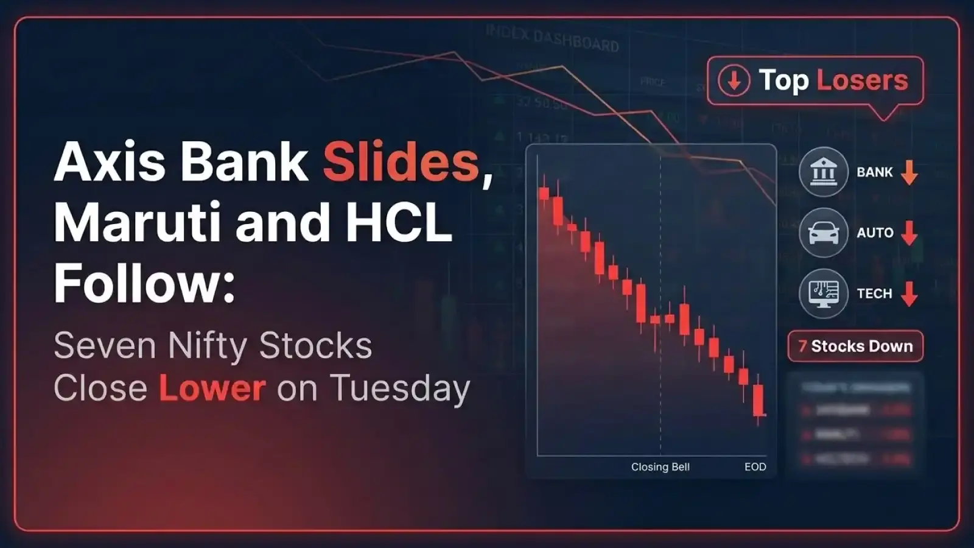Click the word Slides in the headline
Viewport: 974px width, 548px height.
coord(401,163)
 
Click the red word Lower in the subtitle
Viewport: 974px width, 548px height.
coord(212,388)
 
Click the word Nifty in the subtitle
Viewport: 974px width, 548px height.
coord(207,346)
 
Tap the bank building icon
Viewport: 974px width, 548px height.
coord(823,172)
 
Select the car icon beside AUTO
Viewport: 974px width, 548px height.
coord(823,233)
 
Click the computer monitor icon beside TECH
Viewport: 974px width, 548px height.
coord(823,293)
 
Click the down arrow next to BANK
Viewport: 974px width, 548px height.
coord(909,172)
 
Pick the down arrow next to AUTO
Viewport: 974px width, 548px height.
coord(909,233)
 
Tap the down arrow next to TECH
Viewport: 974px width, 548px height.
coord(909,293)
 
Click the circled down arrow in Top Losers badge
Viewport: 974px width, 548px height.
coord(734,80)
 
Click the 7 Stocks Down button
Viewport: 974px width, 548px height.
coord(855,346)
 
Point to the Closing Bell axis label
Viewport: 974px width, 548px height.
coord(660,467)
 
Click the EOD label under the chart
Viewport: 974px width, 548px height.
coord(755,467)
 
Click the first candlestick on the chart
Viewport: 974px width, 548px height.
coord(544,193)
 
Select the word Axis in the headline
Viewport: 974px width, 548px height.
coord(110,163)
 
